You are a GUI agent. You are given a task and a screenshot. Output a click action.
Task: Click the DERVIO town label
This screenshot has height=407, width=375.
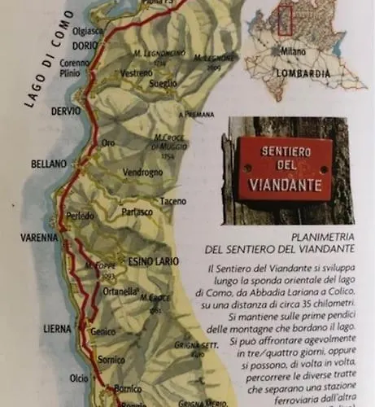coord(64,112)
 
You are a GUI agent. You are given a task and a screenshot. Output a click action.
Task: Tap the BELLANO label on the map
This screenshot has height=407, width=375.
coord(48,164)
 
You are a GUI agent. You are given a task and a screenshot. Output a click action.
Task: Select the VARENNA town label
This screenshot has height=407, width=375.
coord(39,238)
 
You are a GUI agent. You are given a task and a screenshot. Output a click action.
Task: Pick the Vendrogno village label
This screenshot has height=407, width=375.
coord(143,173)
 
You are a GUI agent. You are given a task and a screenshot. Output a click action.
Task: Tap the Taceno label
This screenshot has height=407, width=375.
coord(172,201)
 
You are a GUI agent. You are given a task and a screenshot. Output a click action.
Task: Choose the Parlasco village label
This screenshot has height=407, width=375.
coord(137,212)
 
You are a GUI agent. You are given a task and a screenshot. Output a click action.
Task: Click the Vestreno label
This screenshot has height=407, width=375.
coord(114,72)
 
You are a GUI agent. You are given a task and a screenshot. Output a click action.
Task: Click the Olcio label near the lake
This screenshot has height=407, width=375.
coord(79,379)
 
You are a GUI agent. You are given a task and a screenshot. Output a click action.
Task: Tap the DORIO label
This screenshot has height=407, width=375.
coord(85,46)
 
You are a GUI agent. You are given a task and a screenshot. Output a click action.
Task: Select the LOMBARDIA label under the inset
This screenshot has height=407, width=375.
coord(302,72)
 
